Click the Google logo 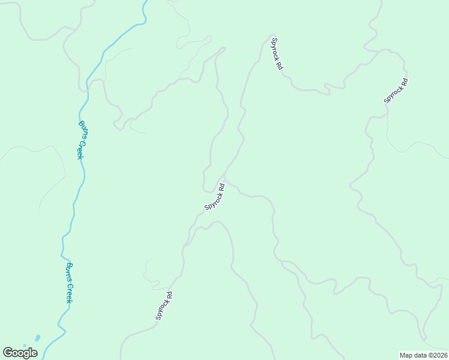[20, 353]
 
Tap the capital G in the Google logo [8, 353]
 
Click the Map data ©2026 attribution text [423, 355]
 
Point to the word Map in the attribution [406, 355]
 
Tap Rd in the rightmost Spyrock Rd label [403, 82]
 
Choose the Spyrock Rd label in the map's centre [215, 197]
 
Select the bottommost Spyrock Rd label [164, 306]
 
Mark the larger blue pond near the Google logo [37, 338]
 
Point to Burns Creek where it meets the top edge [145, 2]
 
